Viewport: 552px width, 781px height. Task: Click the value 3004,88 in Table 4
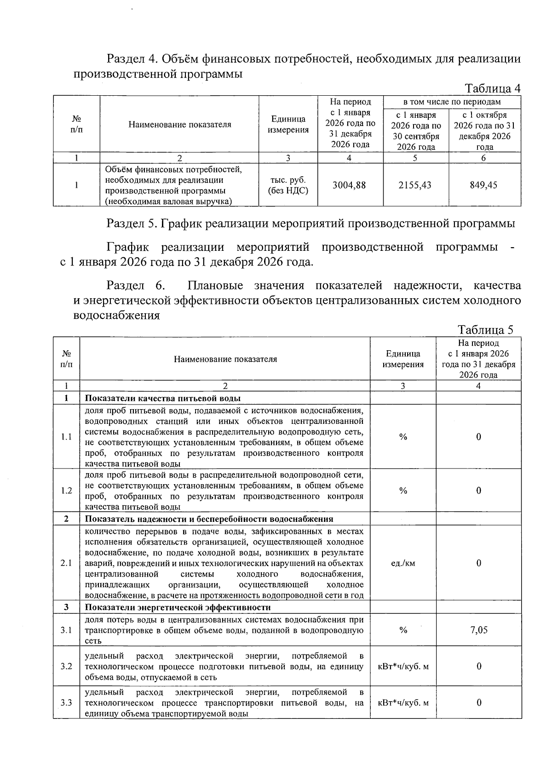click(x=349, y=185)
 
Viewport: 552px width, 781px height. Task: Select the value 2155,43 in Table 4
click(x=415, y=185)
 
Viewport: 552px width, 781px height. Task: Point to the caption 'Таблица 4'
click(x=493, y=88)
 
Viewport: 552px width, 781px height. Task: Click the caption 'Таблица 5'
click(x=485, y=330)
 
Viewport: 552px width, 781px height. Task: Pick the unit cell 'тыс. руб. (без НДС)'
click(x=288, y=185)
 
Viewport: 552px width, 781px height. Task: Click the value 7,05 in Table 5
click(x=479, y=630)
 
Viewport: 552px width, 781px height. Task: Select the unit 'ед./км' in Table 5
click(x=403, y=563)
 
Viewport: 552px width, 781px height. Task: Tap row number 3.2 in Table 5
click(x=66, y=666)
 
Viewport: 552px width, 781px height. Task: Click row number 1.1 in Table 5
click(x=66, y=437)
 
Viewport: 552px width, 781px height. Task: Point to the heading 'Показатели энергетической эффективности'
click(x=178, y=607)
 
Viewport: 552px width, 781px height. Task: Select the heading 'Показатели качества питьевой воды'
click(x=163, y=398)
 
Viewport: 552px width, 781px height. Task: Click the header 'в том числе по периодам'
click(x=452, y=102)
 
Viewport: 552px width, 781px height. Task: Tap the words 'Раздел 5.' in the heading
click(x=132, y=224)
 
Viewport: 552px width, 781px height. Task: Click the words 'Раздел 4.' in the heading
click(x=132, y=59)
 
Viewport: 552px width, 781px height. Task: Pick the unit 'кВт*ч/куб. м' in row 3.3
click(x=403, y=702)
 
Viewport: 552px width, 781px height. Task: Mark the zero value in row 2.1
click(x=479, y=563)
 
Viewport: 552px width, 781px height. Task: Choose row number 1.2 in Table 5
click(x=66, y=491)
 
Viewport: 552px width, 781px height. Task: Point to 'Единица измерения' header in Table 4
click(x=288, y=124)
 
